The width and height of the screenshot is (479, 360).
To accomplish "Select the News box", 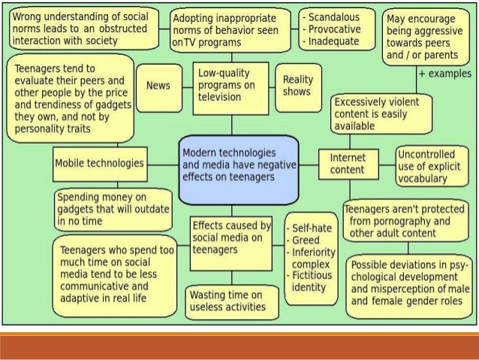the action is coord(158,86).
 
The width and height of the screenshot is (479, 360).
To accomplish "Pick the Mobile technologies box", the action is coord(98,162).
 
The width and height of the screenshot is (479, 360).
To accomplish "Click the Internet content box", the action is coord(349,164).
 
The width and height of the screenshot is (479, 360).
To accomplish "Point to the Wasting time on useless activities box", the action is coord(227,301).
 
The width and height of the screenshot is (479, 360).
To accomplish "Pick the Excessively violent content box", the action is coord(383,113).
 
